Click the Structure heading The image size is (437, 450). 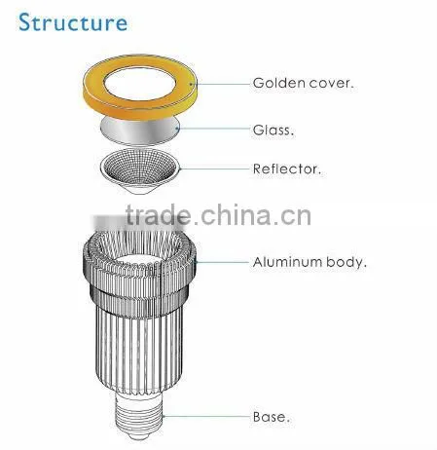click(73, 22)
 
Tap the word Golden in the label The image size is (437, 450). click(279, 83)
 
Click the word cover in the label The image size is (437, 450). click(331, 84)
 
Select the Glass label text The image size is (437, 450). click(273, 131)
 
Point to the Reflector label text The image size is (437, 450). click(286, 169)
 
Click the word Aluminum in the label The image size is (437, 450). click(287, 262)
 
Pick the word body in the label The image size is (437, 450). click(346, 263)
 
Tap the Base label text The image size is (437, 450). click(271, 417)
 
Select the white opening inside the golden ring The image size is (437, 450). click(140, 84)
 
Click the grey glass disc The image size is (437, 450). click(140, 131)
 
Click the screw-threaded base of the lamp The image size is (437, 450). click(139, 416)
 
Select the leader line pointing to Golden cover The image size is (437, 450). click(222, 84)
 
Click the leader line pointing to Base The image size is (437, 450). click(206, 416)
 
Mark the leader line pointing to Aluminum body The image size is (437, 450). click(222, 262)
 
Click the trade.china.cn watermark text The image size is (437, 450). click(218, 215)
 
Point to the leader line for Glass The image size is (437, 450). click(214, 129)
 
